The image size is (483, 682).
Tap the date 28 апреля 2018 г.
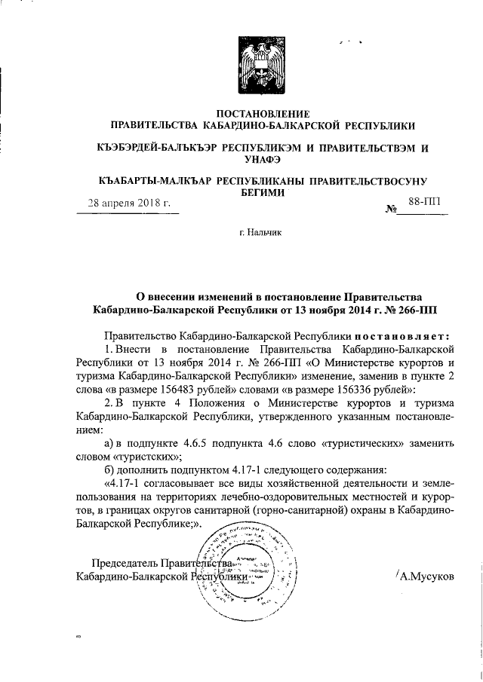pyautogui.click(x=129, y=203)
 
